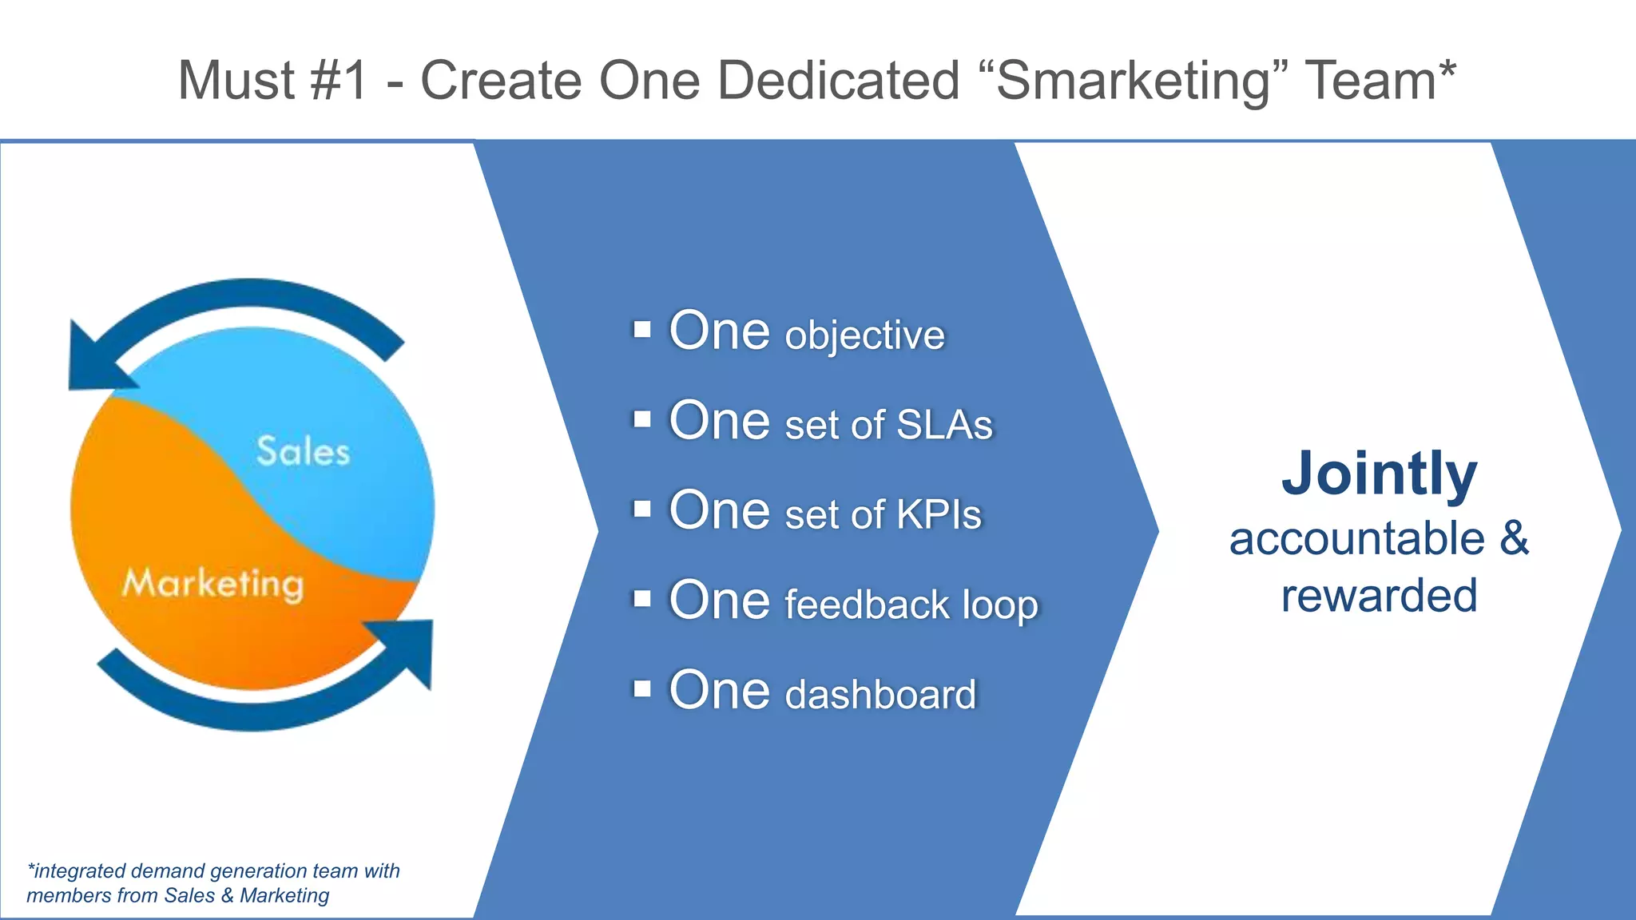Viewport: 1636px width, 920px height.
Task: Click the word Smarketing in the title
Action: click(1132, 81)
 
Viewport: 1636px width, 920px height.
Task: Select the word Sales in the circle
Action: click(303, 452)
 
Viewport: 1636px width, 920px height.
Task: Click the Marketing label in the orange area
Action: click(213, 584)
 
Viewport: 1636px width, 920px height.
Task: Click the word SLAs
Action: click(944, 425)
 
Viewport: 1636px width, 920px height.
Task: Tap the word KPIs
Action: click(939, 514)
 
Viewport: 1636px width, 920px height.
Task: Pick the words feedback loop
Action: click(911, 605)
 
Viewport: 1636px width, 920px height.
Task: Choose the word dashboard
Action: click(880, 695)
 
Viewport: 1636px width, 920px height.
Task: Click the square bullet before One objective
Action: click(642, 330)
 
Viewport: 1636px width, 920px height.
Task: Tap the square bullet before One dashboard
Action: click(642, 688)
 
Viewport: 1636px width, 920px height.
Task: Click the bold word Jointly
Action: click(1379, 474)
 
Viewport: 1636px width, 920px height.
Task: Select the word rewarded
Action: click(1379, 596)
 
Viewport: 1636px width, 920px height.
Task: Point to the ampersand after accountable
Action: click(1513, 538)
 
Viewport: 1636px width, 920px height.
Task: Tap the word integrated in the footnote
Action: click(79, 871)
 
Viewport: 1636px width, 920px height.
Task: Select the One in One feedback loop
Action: click(719, 600)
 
